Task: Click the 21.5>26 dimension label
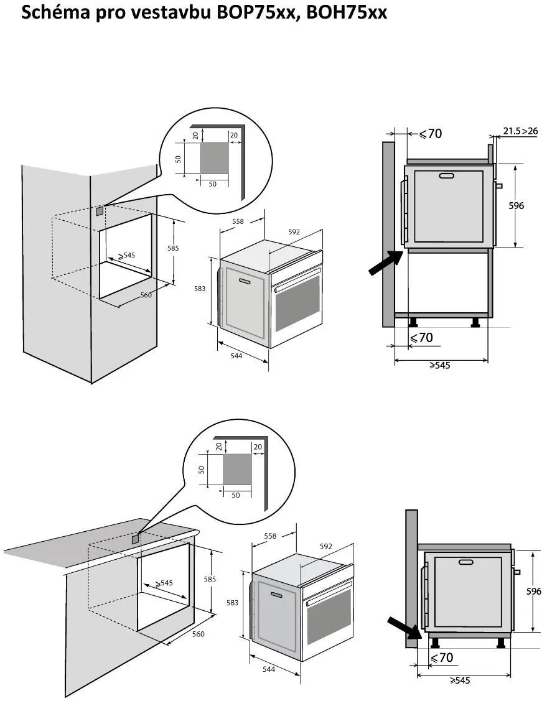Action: click(x=520, y=131)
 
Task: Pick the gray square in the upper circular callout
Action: click(x=214, y=158)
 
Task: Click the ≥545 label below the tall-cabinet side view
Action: click(x=439, y=366)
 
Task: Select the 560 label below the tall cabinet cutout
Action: click(x=146, y=295)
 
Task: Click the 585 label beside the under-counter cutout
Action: click(x=210, y=579)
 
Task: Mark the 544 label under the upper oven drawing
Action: click(x=236, y=356)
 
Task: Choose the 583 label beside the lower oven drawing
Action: click(x=232, y=603)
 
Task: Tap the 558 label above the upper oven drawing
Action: click(x=238, y=221)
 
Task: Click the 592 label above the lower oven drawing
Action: click(x=325, y=547)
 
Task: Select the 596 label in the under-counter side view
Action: click(x=533, y=592)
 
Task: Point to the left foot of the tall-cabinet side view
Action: click(x=412, y=322)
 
